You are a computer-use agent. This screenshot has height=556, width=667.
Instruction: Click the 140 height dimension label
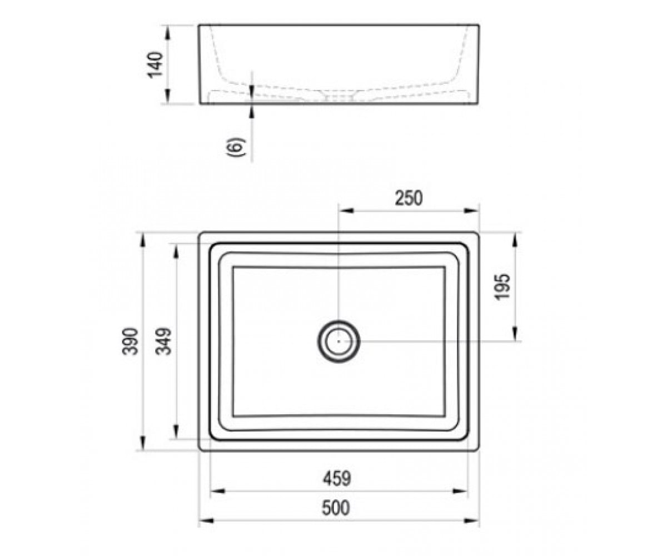(x=155, y=64)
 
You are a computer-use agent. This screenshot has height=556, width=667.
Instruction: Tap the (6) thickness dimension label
(x=236, y=147)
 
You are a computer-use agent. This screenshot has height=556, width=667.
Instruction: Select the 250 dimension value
(x=409, y=198)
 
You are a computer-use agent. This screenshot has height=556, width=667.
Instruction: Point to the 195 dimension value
(x=502, y=287)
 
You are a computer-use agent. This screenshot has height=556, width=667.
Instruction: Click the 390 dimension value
(x=130, y=341)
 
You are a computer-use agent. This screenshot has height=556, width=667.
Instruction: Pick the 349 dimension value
(x=163, y=341)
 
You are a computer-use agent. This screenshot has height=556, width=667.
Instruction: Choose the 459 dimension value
(x=337, y=479)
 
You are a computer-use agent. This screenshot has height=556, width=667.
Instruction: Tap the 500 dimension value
(x=336, y=508)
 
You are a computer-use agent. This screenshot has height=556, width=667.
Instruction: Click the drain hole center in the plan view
(x=339, y=341)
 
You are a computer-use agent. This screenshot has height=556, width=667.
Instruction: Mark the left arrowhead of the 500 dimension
(x=206, y=520)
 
